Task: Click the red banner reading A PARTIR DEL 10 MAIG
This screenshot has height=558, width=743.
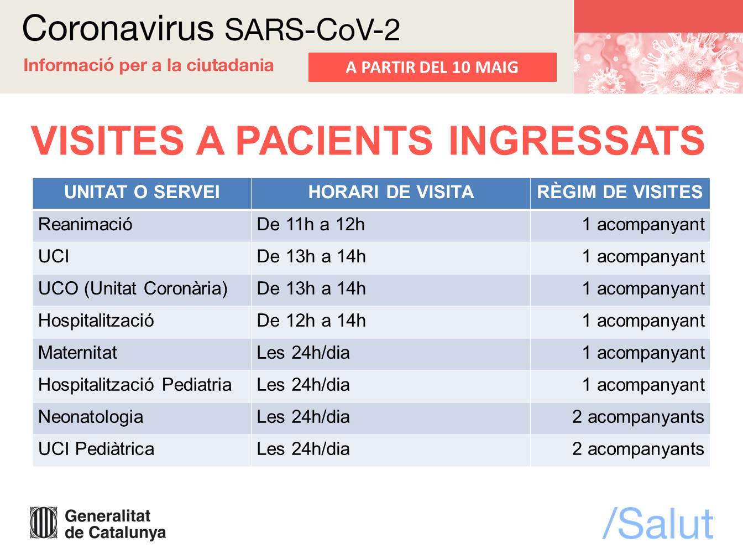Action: pyautogui.click(x=432, y=67)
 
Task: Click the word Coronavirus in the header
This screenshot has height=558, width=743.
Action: pyautogui.click(x=118, y=28)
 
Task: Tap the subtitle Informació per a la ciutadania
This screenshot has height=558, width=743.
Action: pyautogui.click(x=149, y=65)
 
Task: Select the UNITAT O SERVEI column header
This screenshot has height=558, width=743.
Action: pyautogui.click(x=142, y=192)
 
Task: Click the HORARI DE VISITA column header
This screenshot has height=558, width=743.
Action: pyautogui.click(x=391, y=192)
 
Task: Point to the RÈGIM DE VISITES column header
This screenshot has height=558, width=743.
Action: pyautogui.click(x=620, y=192)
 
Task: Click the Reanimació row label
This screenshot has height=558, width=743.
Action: pyautogui.click(x=85, y=224)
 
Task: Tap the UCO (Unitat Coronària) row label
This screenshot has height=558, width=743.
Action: pyautogui.click(x=133, y=288)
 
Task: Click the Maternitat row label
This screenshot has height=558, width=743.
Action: pyautogui.click(x=77, y=353)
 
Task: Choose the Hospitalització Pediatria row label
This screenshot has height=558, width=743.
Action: pyautogui.click(x=135, y=385)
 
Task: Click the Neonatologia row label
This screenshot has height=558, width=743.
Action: pyautogui.click(x=91, y=417)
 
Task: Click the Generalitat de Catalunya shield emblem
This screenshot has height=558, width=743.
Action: pyautogui.click(x=43, y=523)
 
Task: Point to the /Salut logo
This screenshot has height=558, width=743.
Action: pyautogui.click(x=658, y=524)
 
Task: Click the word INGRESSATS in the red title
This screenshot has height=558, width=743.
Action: pyautogui.click(x=577, y=140)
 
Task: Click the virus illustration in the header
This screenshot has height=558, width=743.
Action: pyautogui.click(x=658, y=63)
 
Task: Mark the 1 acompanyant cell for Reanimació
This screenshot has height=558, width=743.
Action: pyautogui.click(x=643, y=225)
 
